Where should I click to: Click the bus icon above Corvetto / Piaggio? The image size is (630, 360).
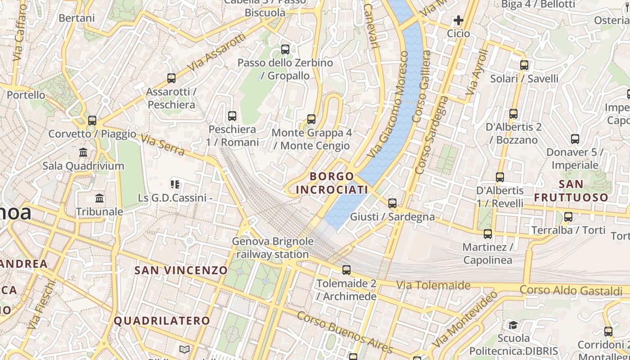point(92,120)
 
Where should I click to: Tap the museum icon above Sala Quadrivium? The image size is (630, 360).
point(83,152)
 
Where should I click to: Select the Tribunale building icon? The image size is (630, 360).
point(99,198)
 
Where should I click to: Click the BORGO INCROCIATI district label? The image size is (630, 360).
point(332,183)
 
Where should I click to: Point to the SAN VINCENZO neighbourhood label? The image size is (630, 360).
point(181,270)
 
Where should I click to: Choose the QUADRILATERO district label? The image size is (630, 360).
point(162,321)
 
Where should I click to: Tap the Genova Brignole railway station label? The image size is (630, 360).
point(273,248)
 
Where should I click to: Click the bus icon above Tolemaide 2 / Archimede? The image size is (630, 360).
point(346,270)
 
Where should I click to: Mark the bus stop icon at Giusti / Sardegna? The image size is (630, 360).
point(392,203)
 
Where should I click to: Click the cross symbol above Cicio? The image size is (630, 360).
point(459,20)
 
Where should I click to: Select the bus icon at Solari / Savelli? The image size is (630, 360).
point(524,65)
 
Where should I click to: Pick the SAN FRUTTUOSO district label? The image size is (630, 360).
point(571,191)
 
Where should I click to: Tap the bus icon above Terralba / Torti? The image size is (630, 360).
point(568,217)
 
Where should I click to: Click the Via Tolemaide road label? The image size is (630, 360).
point(433,285)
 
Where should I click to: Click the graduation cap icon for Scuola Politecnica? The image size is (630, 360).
point(513,325)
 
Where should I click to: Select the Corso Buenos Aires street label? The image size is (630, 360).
point(345,332)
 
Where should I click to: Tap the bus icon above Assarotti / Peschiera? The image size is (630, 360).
point(171,78)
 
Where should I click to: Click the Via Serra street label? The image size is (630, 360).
point(162,145)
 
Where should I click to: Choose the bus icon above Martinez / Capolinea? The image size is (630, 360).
point(488,234)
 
